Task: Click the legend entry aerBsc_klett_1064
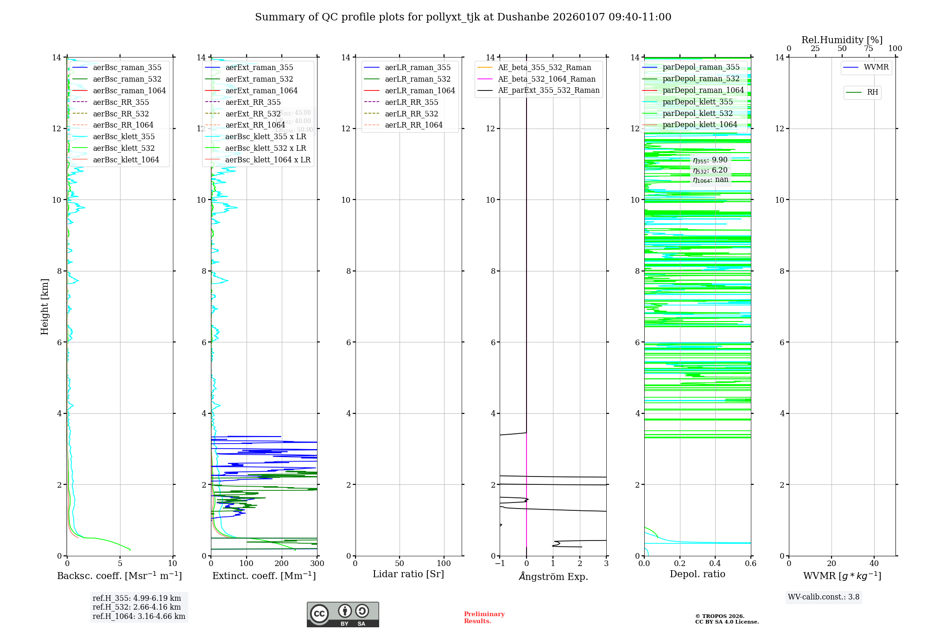[x=126, y=160]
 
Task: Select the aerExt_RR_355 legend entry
[x=253, y=102]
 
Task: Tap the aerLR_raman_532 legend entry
[x=417, y=79]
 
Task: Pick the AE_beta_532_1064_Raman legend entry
[x=546, y=79]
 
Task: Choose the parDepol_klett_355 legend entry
[x=698, y=102]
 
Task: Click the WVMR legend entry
[x=876, y=67]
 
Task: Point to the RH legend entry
[x=872, y=92]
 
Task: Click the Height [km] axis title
[x=44, y=306]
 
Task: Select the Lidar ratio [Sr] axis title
[x=408, y=574]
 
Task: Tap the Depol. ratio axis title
[x=697, y=574]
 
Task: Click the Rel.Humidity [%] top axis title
[x=842, y=40]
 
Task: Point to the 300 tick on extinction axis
[x=317, y=564]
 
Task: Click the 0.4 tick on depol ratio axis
[x=715, y=564]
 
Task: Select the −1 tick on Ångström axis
[x=500, y=564]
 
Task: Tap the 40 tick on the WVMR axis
[x=874, y=564]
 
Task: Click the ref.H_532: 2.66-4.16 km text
[x=137, y=607]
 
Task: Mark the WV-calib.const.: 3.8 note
[x=824, y=597]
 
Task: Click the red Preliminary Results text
[x=484, y=618]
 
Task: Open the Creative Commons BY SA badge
[x=343, y=615]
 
